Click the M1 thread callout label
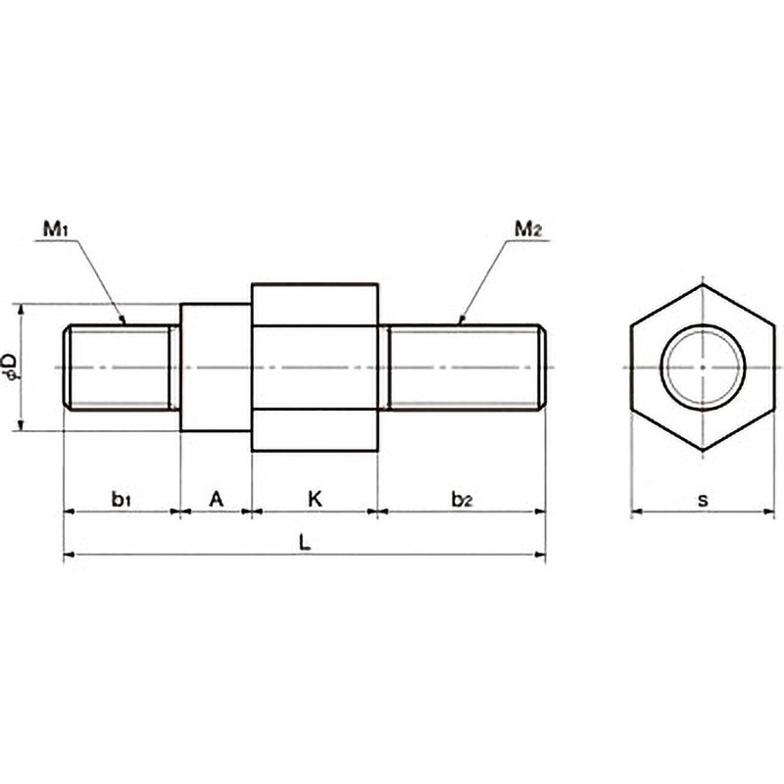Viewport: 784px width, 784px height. [55, 229]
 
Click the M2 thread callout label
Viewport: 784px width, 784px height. [528, 229]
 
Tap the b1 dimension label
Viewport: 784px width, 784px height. [121, 499]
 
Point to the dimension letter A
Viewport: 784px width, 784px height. [216, 499]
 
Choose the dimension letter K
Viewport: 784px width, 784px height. [315, 499]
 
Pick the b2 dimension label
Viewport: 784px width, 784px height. [462, 499]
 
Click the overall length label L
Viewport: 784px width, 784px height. [305, 543]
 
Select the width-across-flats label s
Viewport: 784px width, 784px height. [703, 500]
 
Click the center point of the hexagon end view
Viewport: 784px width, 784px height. [703, 367]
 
